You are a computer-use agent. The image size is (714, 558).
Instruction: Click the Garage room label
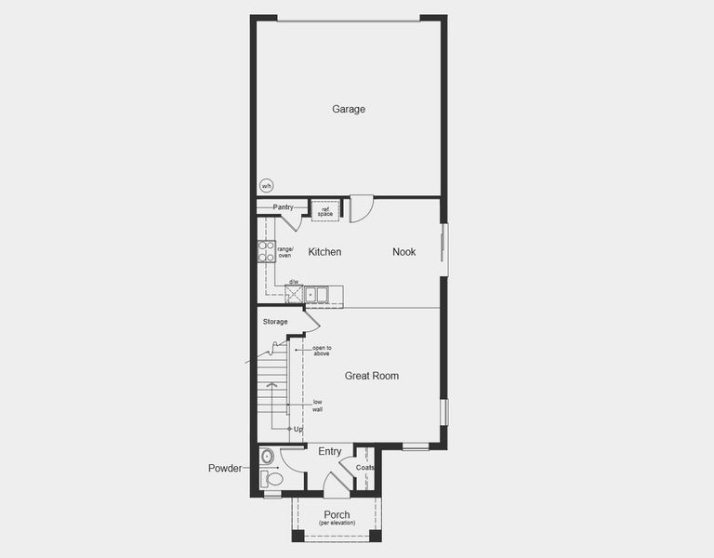point(349,109)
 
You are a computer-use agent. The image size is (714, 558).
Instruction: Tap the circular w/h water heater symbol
point(267,185)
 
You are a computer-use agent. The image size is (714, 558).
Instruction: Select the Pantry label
point(283,206)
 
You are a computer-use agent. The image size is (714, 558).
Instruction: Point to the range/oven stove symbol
point(267,251)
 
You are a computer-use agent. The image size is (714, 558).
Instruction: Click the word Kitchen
point(324,252)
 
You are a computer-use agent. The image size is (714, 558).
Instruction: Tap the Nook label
point(403,252)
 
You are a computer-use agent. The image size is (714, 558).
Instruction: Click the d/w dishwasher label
point(294,282)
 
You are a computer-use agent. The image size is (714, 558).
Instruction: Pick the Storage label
point(275,322)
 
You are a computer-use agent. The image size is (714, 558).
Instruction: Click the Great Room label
point(372,376)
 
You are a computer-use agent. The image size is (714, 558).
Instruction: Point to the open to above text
point(322,351)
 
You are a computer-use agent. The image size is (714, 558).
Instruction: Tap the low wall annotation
point(318,405)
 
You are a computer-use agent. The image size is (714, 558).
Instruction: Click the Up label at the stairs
point(298,430)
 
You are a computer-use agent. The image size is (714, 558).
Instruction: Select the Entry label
point(330,452)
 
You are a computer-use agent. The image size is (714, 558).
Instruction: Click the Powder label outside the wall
point(225,469)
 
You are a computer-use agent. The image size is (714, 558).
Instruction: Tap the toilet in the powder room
point(271,478)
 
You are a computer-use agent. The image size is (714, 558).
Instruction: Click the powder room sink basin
point(268,456)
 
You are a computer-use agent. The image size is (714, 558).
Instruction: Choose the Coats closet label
point(365,468)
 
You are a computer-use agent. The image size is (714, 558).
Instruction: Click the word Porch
point(337,514)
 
